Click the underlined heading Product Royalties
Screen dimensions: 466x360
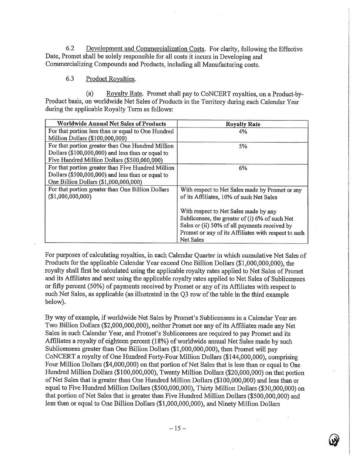111,79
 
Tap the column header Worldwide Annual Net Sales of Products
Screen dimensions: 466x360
111,124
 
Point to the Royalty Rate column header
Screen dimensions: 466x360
243,124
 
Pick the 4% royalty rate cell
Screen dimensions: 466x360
243,131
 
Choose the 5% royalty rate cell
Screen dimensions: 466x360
243,146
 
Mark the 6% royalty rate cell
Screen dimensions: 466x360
243,168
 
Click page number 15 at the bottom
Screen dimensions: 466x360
177,428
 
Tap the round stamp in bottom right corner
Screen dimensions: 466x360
334,439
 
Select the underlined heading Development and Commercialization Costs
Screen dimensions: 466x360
145,49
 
